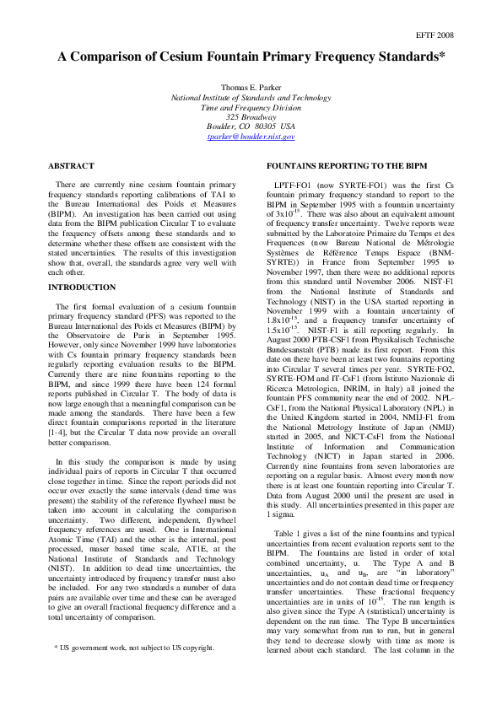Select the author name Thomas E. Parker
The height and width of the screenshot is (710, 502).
click(x=251, y=89)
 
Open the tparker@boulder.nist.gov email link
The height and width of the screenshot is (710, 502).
click(x=251, y=136)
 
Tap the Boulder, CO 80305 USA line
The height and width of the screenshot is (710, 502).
click(x=251, y=126)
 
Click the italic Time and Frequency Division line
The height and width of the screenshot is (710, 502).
click(x=251, y=107)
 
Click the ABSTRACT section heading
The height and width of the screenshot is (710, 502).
click(x=71, y=166)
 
